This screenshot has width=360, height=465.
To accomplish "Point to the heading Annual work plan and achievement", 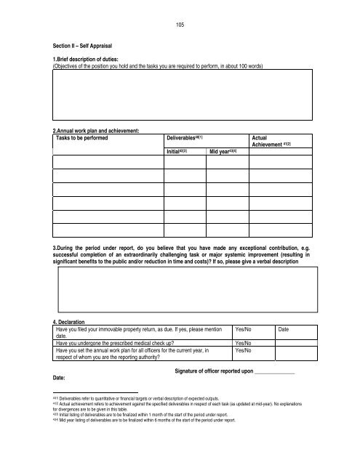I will pos(92,131).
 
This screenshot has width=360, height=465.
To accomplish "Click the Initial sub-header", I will pos(177,152).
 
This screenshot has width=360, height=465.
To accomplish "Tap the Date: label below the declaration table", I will pos(51,377).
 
